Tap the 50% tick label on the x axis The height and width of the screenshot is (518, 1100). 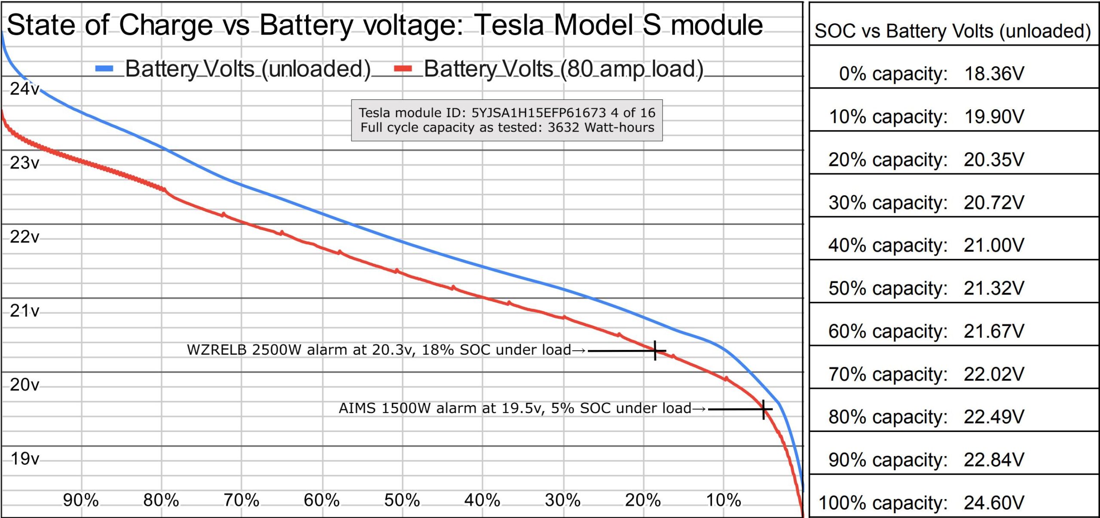pos(402,500)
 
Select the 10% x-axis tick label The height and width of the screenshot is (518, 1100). pos(724,500)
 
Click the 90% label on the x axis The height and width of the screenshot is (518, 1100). pos(81,500)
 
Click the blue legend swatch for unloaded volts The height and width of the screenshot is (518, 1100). pos(104,69)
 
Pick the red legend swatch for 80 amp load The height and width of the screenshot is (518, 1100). pos(403,69)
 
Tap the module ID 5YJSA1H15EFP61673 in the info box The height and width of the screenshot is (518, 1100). pos(538,113)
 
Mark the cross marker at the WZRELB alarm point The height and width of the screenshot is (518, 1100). pos(655,351)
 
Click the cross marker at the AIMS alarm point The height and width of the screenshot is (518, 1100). pos(764,409)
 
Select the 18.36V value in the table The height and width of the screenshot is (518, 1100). pos(994,74)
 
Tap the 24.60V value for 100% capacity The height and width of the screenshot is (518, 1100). pos(994,503)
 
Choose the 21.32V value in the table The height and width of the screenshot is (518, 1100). pos(994,288)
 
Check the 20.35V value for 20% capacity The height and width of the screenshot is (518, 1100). pos(994,160)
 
